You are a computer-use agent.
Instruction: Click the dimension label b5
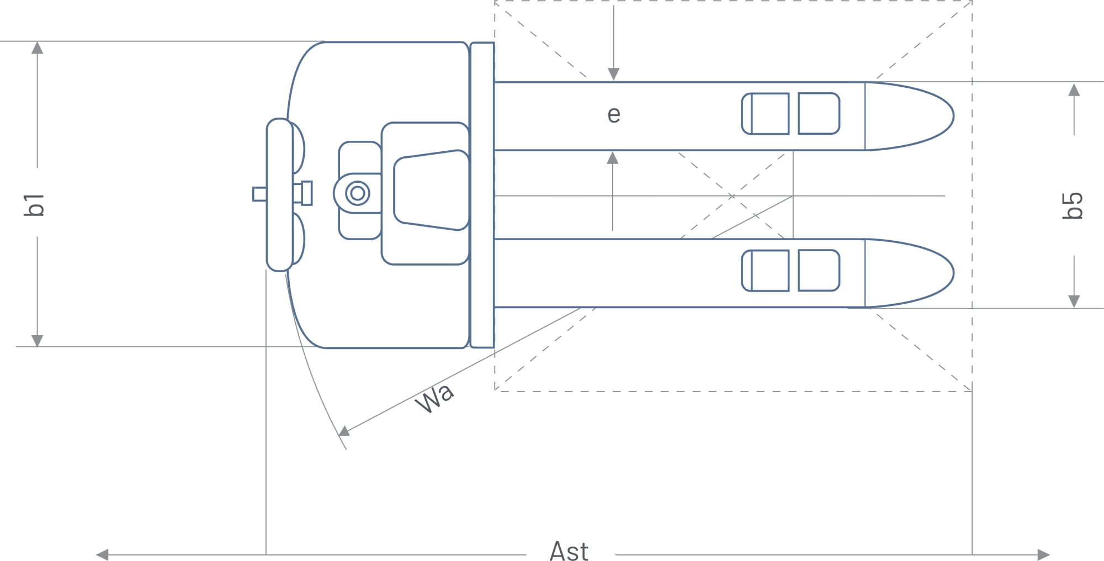click(x=1073, y=206)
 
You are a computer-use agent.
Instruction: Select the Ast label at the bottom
click(x=569, y=551)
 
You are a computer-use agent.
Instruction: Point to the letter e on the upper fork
click(x=614, y=115)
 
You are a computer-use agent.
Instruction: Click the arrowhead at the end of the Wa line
click(x=344, y=431)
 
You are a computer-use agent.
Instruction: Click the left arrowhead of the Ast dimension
click(x=102, y=554)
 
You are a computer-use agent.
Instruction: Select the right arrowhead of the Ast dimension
click(x=1043, y=554)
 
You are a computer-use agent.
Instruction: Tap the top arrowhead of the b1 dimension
click(x=37, y=48)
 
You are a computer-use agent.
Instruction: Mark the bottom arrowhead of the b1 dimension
click(x=37, y=340)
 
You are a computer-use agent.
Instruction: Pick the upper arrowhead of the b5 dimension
click(x=1074, y=89)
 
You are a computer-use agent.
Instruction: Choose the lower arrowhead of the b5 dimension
click(x=1074, y=301)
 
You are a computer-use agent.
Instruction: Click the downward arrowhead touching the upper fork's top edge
click(x=613, y=75)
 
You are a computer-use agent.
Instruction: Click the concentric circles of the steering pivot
click(x=358, y=193)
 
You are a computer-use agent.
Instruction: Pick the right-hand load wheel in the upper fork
click(x=819, y=114)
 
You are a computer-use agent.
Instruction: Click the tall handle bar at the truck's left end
click(x=279, y=194)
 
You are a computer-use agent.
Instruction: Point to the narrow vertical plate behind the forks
click(x=482, y=195)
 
